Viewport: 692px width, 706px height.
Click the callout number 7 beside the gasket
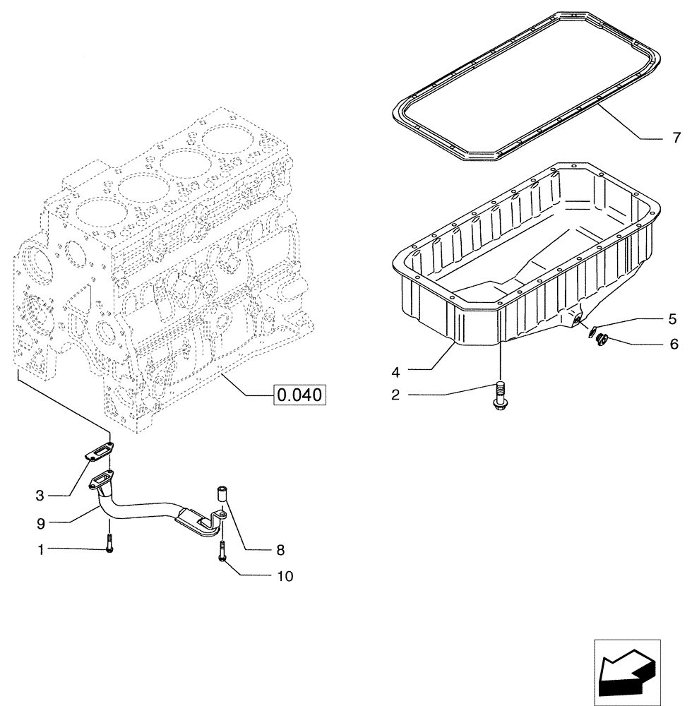point(676,137)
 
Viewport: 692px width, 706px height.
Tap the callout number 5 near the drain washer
point(672,318)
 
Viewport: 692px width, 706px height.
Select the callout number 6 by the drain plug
point(673,345)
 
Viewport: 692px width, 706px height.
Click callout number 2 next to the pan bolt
point(396,395)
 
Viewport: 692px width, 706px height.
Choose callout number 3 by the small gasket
point(40,496)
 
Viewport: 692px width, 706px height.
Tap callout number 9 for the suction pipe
point(40,523)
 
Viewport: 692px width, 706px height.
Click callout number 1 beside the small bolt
point(40,549)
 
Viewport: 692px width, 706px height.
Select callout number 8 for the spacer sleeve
point(281,549)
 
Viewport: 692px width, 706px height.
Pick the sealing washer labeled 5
point(591,328)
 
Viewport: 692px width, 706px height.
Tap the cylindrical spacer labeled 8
point(221,497)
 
